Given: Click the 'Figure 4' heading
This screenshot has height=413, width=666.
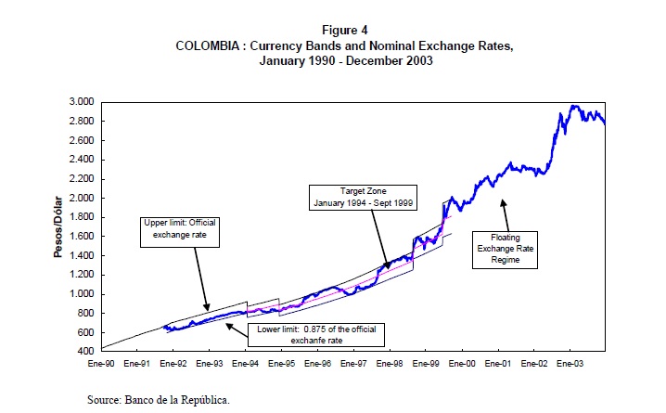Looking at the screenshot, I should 332,29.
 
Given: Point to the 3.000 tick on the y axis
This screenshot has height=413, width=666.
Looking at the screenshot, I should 82,101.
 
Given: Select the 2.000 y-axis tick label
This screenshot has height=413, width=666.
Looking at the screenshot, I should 82,198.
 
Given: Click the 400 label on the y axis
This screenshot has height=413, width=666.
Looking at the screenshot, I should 86,352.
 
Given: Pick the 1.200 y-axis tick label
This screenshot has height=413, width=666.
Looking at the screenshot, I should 82,275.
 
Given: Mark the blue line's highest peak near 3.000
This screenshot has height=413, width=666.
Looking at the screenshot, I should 575,106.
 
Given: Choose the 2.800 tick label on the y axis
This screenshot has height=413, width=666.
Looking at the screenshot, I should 82,121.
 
